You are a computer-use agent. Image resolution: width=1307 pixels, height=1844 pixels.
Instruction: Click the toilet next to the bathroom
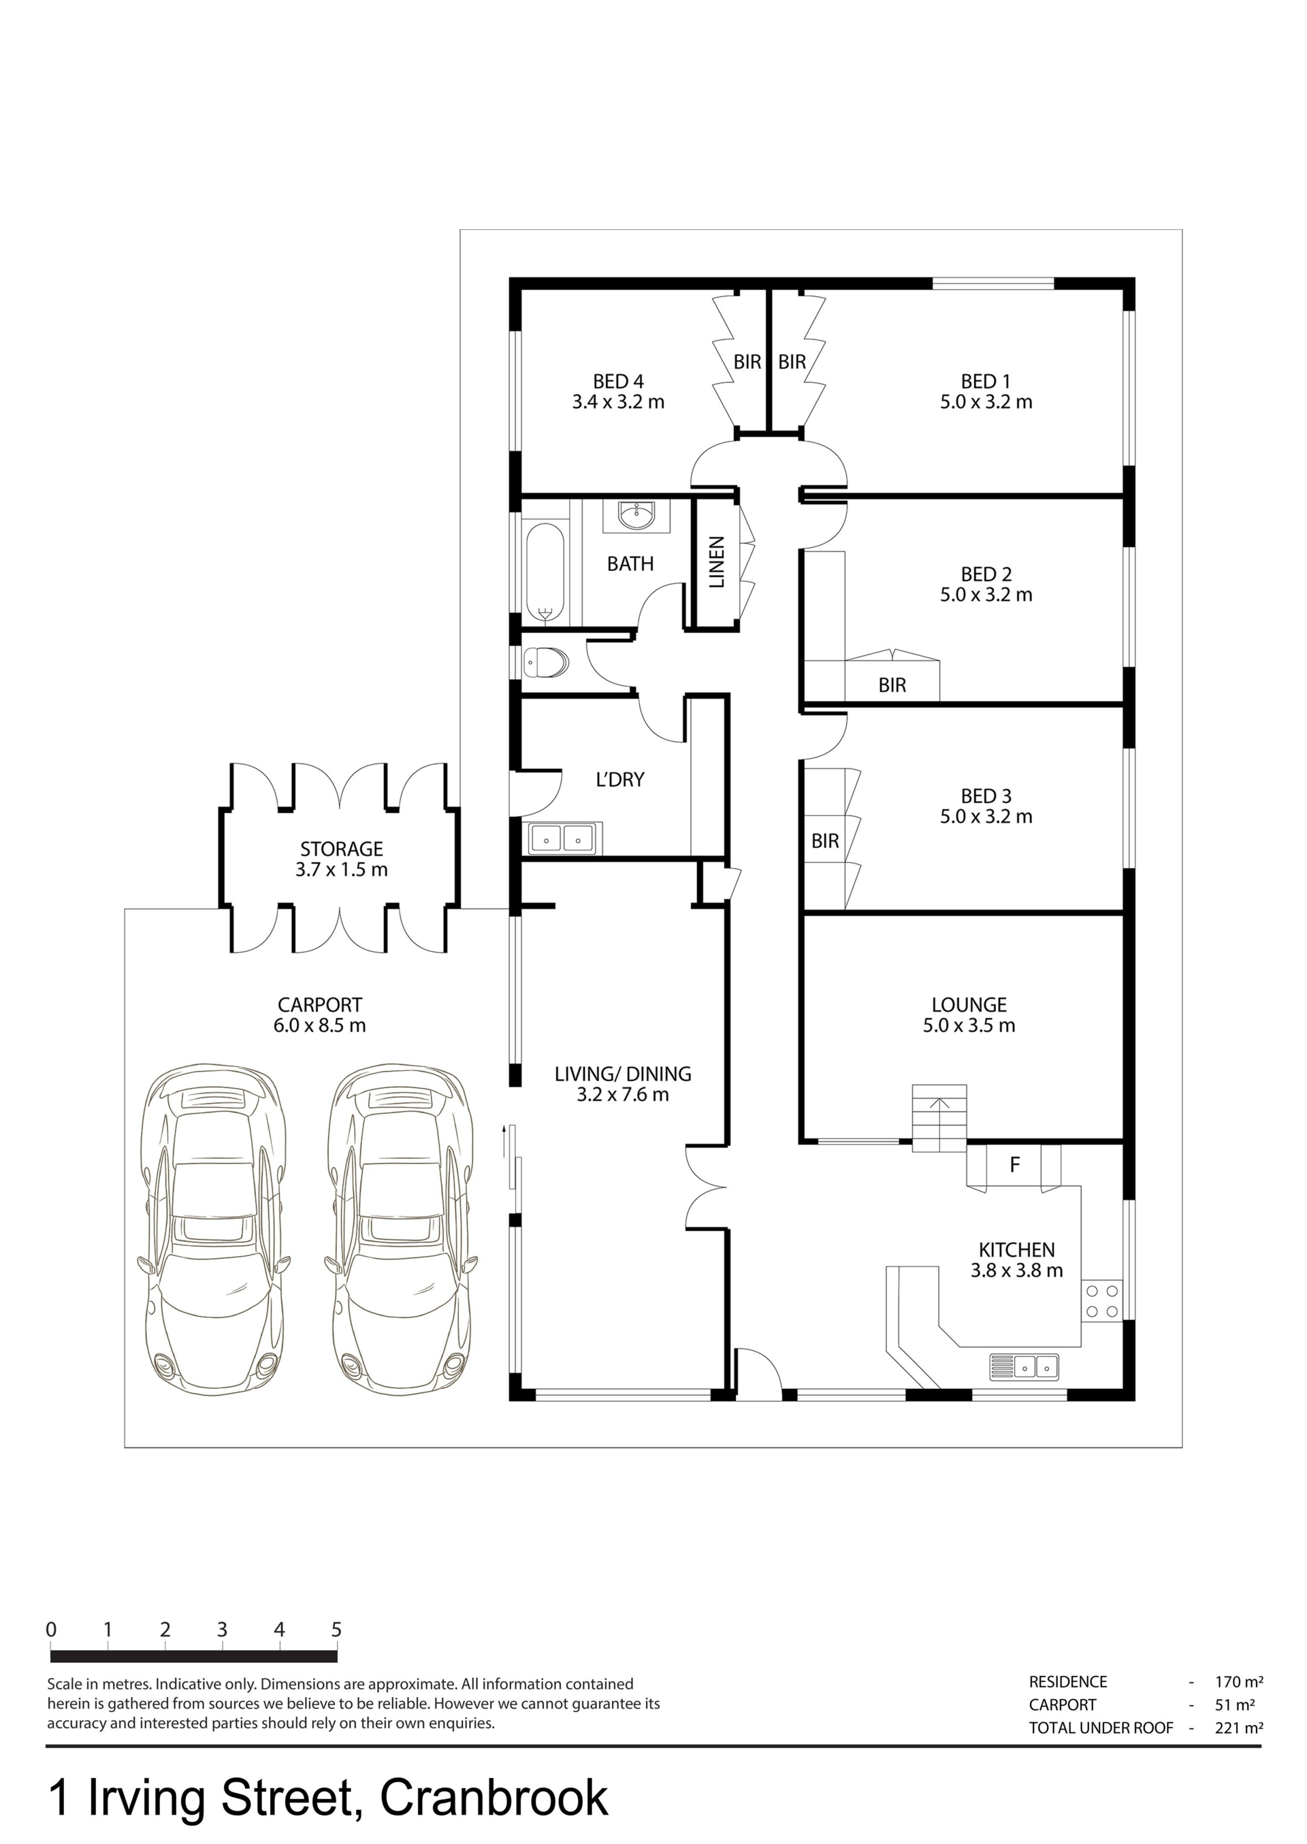[x=546, y=663]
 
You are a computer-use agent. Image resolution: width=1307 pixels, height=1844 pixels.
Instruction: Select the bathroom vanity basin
[x=636, y=515]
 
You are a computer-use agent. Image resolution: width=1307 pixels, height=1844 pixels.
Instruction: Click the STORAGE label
[x=341, y=849]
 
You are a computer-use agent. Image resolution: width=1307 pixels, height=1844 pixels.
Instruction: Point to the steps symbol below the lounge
[x=939, y=1118]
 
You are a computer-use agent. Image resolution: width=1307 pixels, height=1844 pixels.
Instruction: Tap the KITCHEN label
[x=1016, y=1250]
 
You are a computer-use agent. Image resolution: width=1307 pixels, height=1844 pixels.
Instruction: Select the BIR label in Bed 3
[x=825, y=842]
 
